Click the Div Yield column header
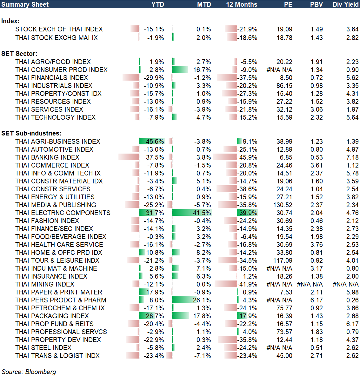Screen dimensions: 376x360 345,4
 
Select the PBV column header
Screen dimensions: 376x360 316,4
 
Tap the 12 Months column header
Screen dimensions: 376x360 242,4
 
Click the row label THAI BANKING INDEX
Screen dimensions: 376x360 47,157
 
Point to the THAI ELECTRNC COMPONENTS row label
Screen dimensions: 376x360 63,213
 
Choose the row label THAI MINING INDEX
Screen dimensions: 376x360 45,284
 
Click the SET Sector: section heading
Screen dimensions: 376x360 19,54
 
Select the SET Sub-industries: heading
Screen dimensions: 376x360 31,133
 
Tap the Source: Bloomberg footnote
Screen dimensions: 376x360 29,372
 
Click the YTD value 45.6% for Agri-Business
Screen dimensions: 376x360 155,142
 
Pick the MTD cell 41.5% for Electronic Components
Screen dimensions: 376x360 202,213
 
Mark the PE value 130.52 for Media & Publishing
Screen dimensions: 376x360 283,205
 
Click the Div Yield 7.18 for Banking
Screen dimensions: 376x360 352,157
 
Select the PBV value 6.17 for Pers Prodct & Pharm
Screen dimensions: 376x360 317,300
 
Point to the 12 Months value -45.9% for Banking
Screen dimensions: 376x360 248,157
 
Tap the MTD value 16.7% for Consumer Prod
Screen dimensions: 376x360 202,70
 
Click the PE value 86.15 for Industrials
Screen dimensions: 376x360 284,86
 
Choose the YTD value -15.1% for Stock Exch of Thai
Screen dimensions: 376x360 154,29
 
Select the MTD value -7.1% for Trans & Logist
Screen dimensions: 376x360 203,356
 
